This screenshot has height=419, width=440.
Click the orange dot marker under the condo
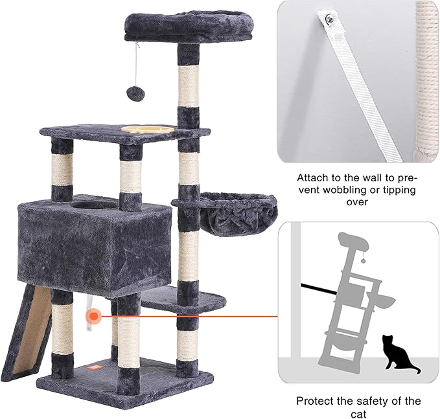[x=95, y=317]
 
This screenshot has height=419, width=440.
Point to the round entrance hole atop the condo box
[x=95, y=205]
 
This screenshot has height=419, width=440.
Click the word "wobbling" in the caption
[x=357, y=190]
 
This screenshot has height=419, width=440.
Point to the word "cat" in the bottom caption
[x=358, y=413]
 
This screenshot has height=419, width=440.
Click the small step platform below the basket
[x=183, y=299]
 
